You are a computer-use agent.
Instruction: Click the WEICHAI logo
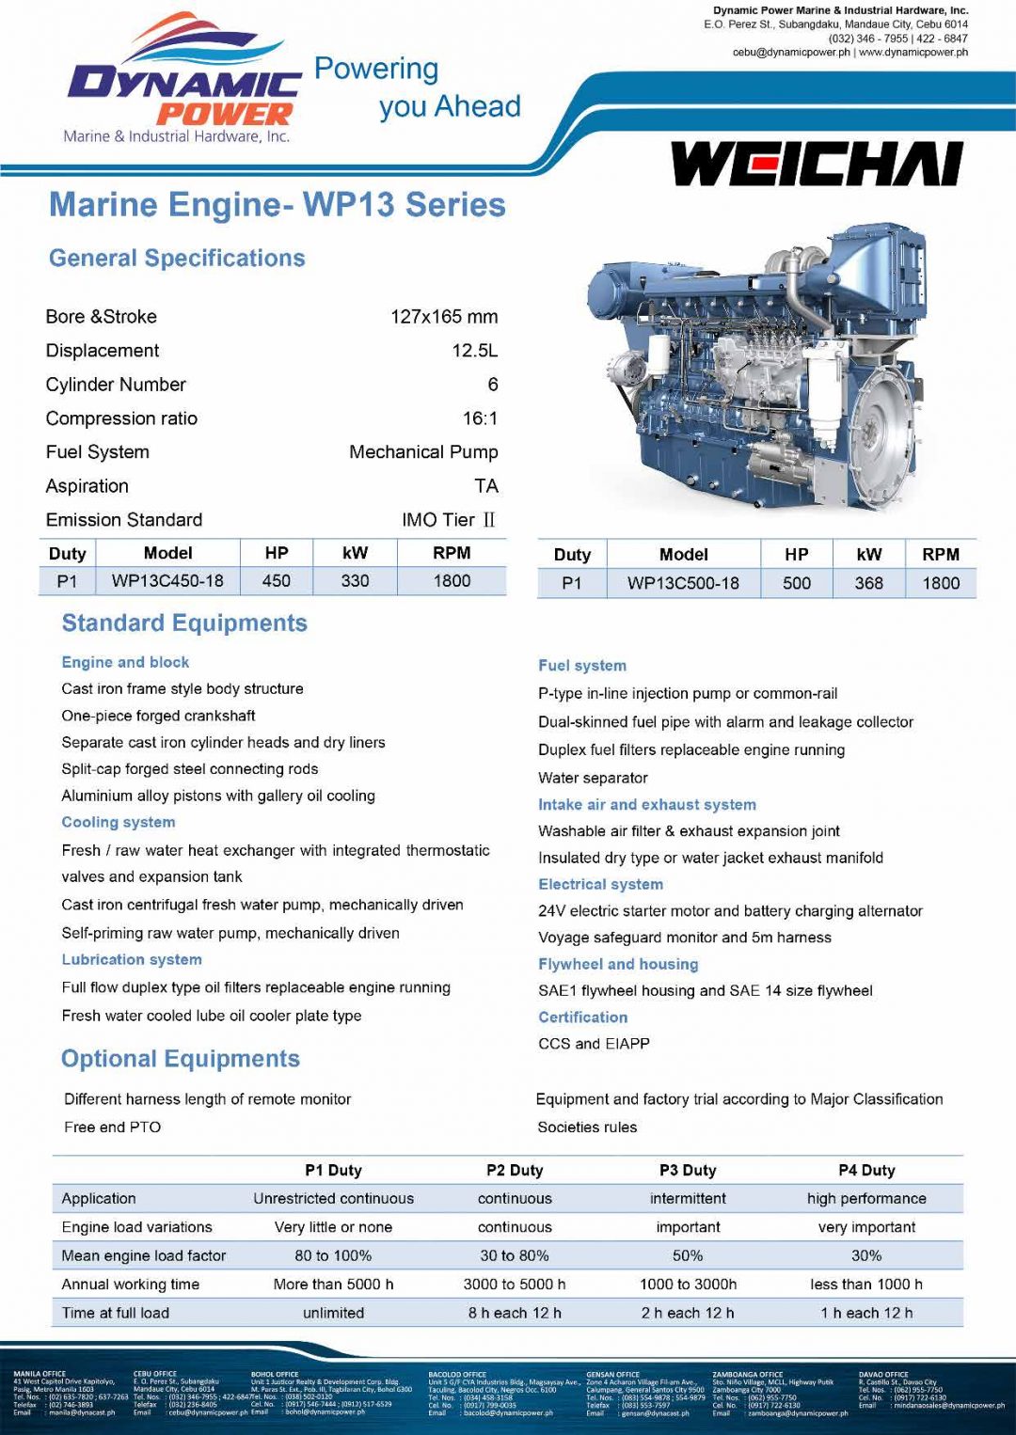tap(817, 165)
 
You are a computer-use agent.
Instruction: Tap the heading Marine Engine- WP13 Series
tap(277, 205)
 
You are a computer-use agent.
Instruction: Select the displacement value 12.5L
tap(474, 351)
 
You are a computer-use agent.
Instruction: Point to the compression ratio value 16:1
tap(480, 418)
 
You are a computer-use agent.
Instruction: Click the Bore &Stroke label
tap(102, 317)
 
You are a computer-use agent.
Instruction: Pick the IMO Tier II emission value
tap(449, 520)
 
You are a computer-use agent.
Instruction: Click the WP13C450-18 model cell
tap(167, 581)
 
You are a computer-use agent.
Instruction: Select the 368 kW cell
tap(868, 583)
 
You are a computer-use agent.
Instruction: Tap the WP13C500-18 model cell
tap(683, 583)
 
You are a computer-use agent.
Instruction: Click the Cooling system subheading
tap(119, 822)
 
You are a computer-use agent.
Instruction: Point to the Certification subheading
tap(582, 1017)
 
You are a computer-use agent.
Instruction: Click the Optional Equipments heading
tap(181, 1059)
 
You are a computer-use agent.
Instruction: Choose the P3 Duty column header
tap(688, 1171)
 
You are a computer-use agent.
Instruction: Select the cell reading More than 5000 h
tap(333, 1285)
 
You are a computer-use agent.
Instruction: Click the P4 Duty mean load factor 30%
tap(866, 1256)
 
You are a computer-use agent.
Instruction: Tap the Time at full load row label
tap(116, 1313)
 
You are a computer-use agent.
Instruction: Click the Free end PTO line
tap(113, 1127)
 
